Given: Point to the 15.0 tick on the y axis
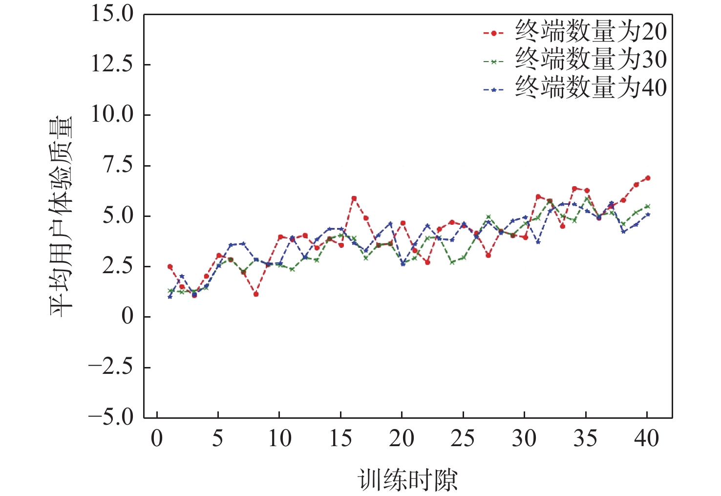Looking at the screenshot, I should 112,14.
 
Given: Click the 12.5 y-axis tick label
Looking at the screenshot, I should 112,64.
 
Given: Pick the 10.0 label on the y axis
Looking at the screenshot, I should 112,114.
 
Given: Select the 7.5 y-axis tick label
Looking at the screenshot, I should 117,165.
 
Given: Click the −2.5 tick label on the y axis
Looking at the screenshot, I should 110,367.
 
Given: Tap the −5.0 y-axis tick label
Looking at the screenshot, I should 110,417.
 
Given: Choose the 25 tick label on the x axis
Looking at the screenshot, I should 463,438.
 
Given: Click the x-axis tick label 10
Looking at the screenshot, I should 279,438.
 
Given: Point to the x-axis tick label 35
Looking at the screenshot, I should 585,438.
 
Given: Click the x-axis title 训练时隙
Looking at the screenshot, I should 407,479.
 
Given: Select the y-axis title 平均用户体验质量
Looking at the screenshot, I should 61,216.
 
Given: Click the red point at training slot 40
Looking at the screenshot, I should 648,178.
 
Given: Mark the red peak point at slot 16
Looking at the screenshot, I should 354,198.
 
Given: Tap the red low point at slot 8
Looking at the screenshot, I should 256,294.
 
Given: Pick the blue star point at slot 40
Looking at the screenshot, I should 648,214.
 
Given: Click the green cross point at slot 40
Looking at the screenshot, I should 648,206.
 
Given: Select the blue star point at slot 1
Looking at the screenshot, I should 170,297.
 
